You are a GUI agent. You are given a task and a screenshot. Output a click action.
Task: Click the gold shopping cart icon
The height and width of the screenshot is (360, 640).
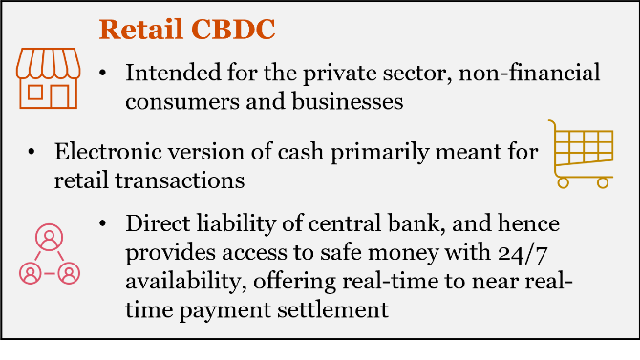coord(580,153)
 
